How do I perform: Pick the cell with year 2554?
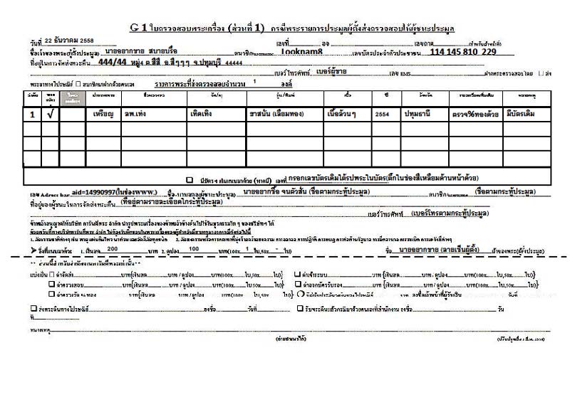pos(383,114)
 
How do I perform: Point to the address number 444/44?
pos(114,62)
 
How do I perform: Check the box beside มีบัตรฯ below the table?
pos(190,181)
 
